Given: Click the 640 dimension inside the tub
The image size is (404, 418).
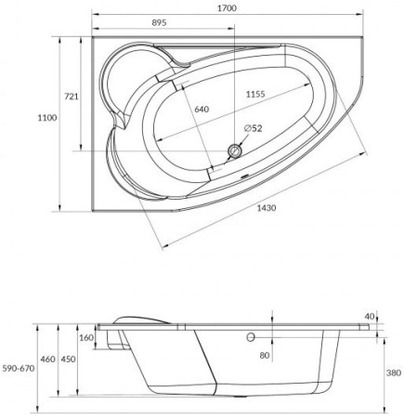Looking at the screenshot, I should (202, 110).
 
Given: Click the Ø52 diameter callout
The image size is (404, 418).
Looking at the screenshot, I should (253, 128).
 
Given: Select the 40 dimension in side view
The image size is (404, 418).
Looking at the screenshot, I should (371, 316).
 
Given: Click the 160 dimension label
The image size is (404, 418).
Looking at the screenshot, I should (86, 337).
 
